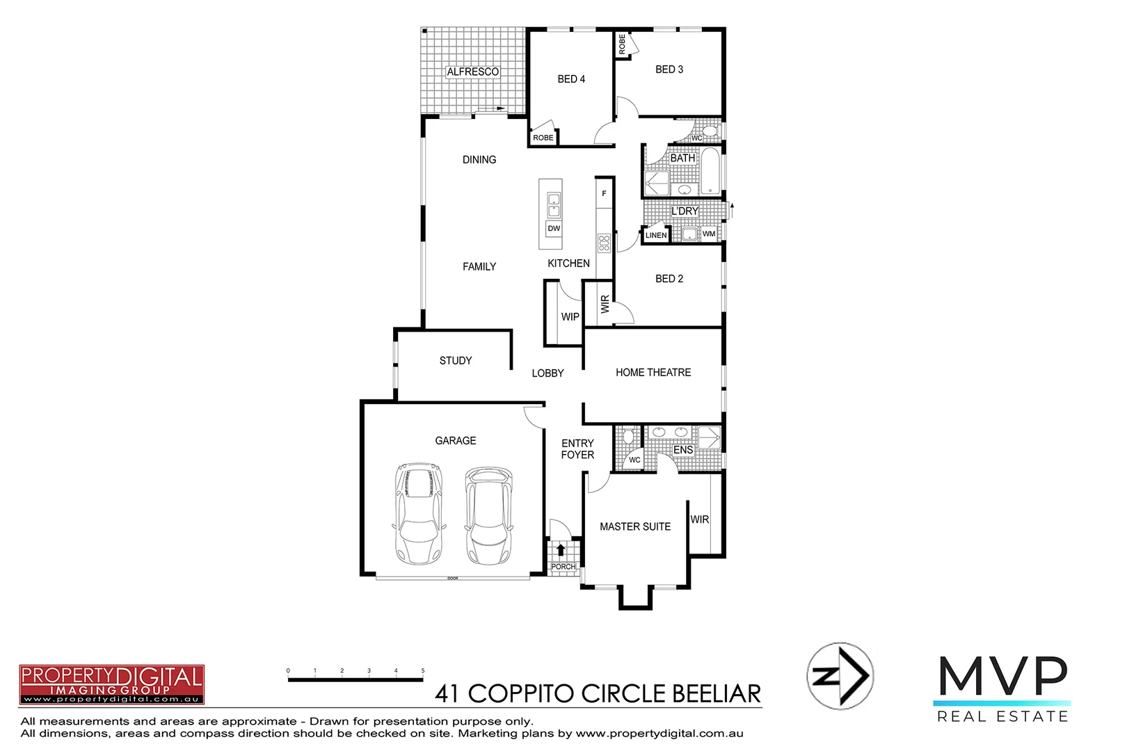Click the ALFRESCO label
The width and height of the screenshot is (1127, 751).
(472, 72)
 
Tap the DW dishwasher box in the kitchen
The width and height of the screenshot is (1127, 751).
(554, 228)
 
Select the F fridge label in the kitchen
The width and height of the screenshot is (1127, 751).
(604, 193)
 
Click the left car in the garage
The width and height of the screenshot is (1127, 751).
(419, 513)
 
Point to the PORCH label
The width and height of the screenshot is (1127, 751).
(563, 567)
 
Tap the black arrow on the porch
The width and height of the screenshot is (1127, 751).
(561, 550)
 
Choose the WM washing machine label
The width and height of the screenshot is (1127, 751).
(709, 234)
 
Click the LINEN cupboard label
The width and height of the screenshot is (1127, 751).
(655, 235)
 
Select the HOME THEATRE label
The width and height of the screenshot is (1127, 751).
(653, 373)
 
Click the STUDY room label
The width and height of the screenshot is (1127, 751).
(455, 360)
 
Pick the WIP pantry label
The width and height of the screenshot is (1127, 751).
(570, 316)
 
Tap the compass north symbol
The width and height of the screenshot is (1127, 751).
(840, 676)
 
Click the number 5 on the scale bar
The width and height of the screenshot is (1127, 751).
(422, 671)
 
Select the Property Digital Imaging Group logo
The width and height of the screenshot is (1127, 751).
(111, 684)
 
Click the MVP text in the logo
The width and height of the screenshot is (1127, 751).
(1002, 676)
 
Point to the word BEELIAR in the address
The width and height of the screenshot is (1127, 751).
(717, 693)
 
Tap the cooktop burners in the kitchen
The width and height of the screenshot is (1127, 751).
(604, 243)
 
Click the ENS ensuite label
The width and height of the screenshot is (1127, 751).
(682, 450)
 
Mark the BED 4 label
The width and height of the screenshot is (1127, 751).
(570, 79)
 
